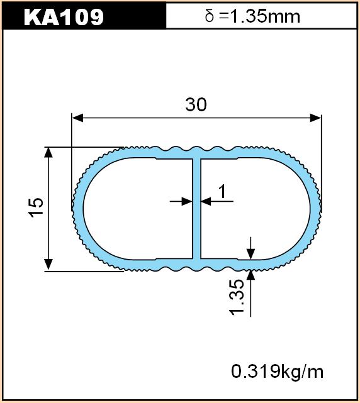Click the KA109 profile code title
[64, 17]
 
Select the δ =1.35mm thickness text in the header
[252, 16]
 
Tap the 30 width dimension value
[196, 104]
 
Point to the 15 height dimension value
[37, 207]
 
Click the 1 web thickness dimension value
[222, 192]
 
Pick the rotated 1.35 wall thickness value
[236, 297]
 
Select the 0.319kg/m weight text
[277, 372]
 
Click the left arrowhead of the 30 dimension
[77, 118]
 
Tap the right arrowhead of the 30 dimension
[316, 118]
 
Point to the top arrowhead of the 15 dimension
[48, 152]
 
